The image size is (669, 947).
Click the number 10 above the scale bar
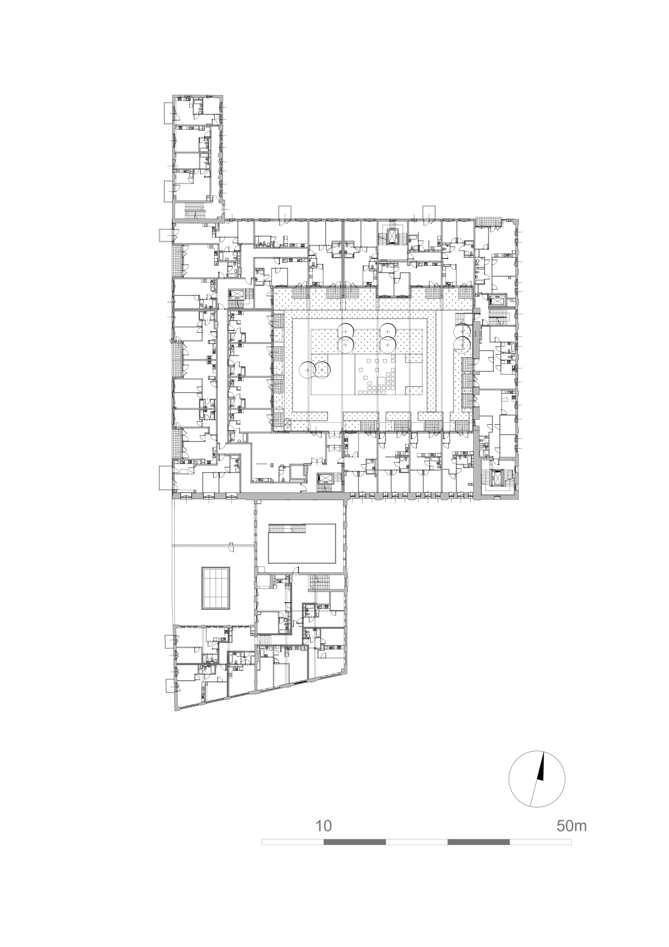coord(324,826)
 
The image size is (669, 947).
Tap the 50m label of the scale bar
coord(572,826)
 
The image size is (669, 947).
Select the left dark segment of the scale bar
coord(355,842)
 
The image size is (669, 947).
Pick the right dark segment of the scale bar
coord(479,842)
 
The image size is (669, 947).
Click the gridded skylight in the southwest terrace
coord(216,588)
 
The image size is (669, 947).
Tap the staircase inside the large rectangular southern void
coord(287,528)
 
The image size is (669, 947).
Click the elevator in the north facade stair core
coord(393,237)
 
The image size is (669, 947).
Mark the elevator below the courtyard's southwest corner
coord(326,478)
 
